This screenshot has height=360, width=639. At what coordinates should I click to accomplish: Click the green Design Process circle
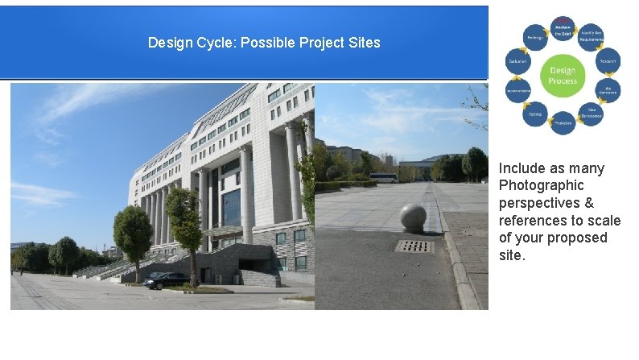pos(563,76)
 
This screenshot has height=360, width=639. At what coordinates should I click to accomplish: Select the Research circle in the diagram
pos(608,60)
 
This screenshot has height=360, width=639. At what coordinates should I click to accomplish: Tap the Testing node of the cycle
pos(534,114)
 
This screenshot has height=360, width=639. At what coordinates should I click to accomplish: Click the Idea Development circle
pos(592,114)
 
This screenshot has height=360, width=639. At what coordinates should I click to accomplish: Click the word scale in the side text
pos(604,221)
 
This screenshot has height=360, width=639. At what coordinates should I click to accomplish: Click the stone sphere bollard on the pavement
pos(414,217)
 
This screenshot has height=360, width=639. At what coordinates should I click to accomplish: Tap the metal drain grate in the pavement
pos(415,246)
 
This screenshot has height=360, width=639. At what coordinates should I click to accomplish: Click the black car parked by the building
pos(167,280)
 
